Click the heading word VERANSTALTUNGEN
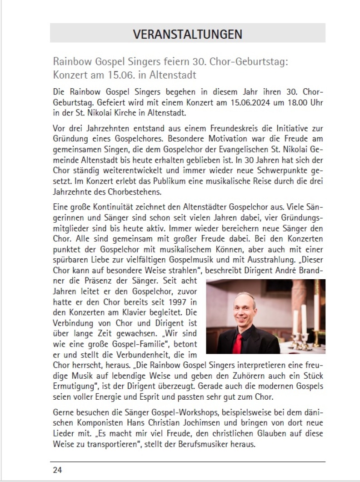tap(188, 34)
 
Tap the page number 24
tap(57, 470)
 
